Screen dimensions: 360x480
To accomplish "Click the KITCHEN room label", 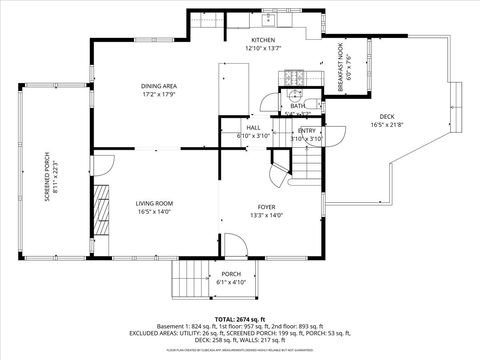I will [x=264, y=40].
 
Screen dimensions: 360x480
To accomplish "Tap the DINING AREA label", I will [x=158, y=86].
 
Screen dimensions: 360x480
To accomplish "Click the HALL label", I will [x=253, y=128].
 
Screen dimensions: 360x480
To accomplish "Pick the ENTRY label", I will [x=307, y=131].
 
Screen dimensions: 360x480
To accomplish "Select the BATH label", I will [x=297, y=106].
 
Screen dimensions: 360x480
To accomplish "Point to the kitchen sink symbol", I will [x=270, y=19].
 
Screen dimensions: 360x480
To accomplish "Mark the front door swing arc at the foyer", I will [x=232, y=244].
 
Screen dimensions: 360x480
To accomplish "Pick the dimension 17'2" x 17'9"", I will [x=158, y=95].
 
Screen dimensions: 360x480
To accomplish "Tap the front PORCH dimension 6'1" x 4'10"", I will [x=231, y=282].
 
